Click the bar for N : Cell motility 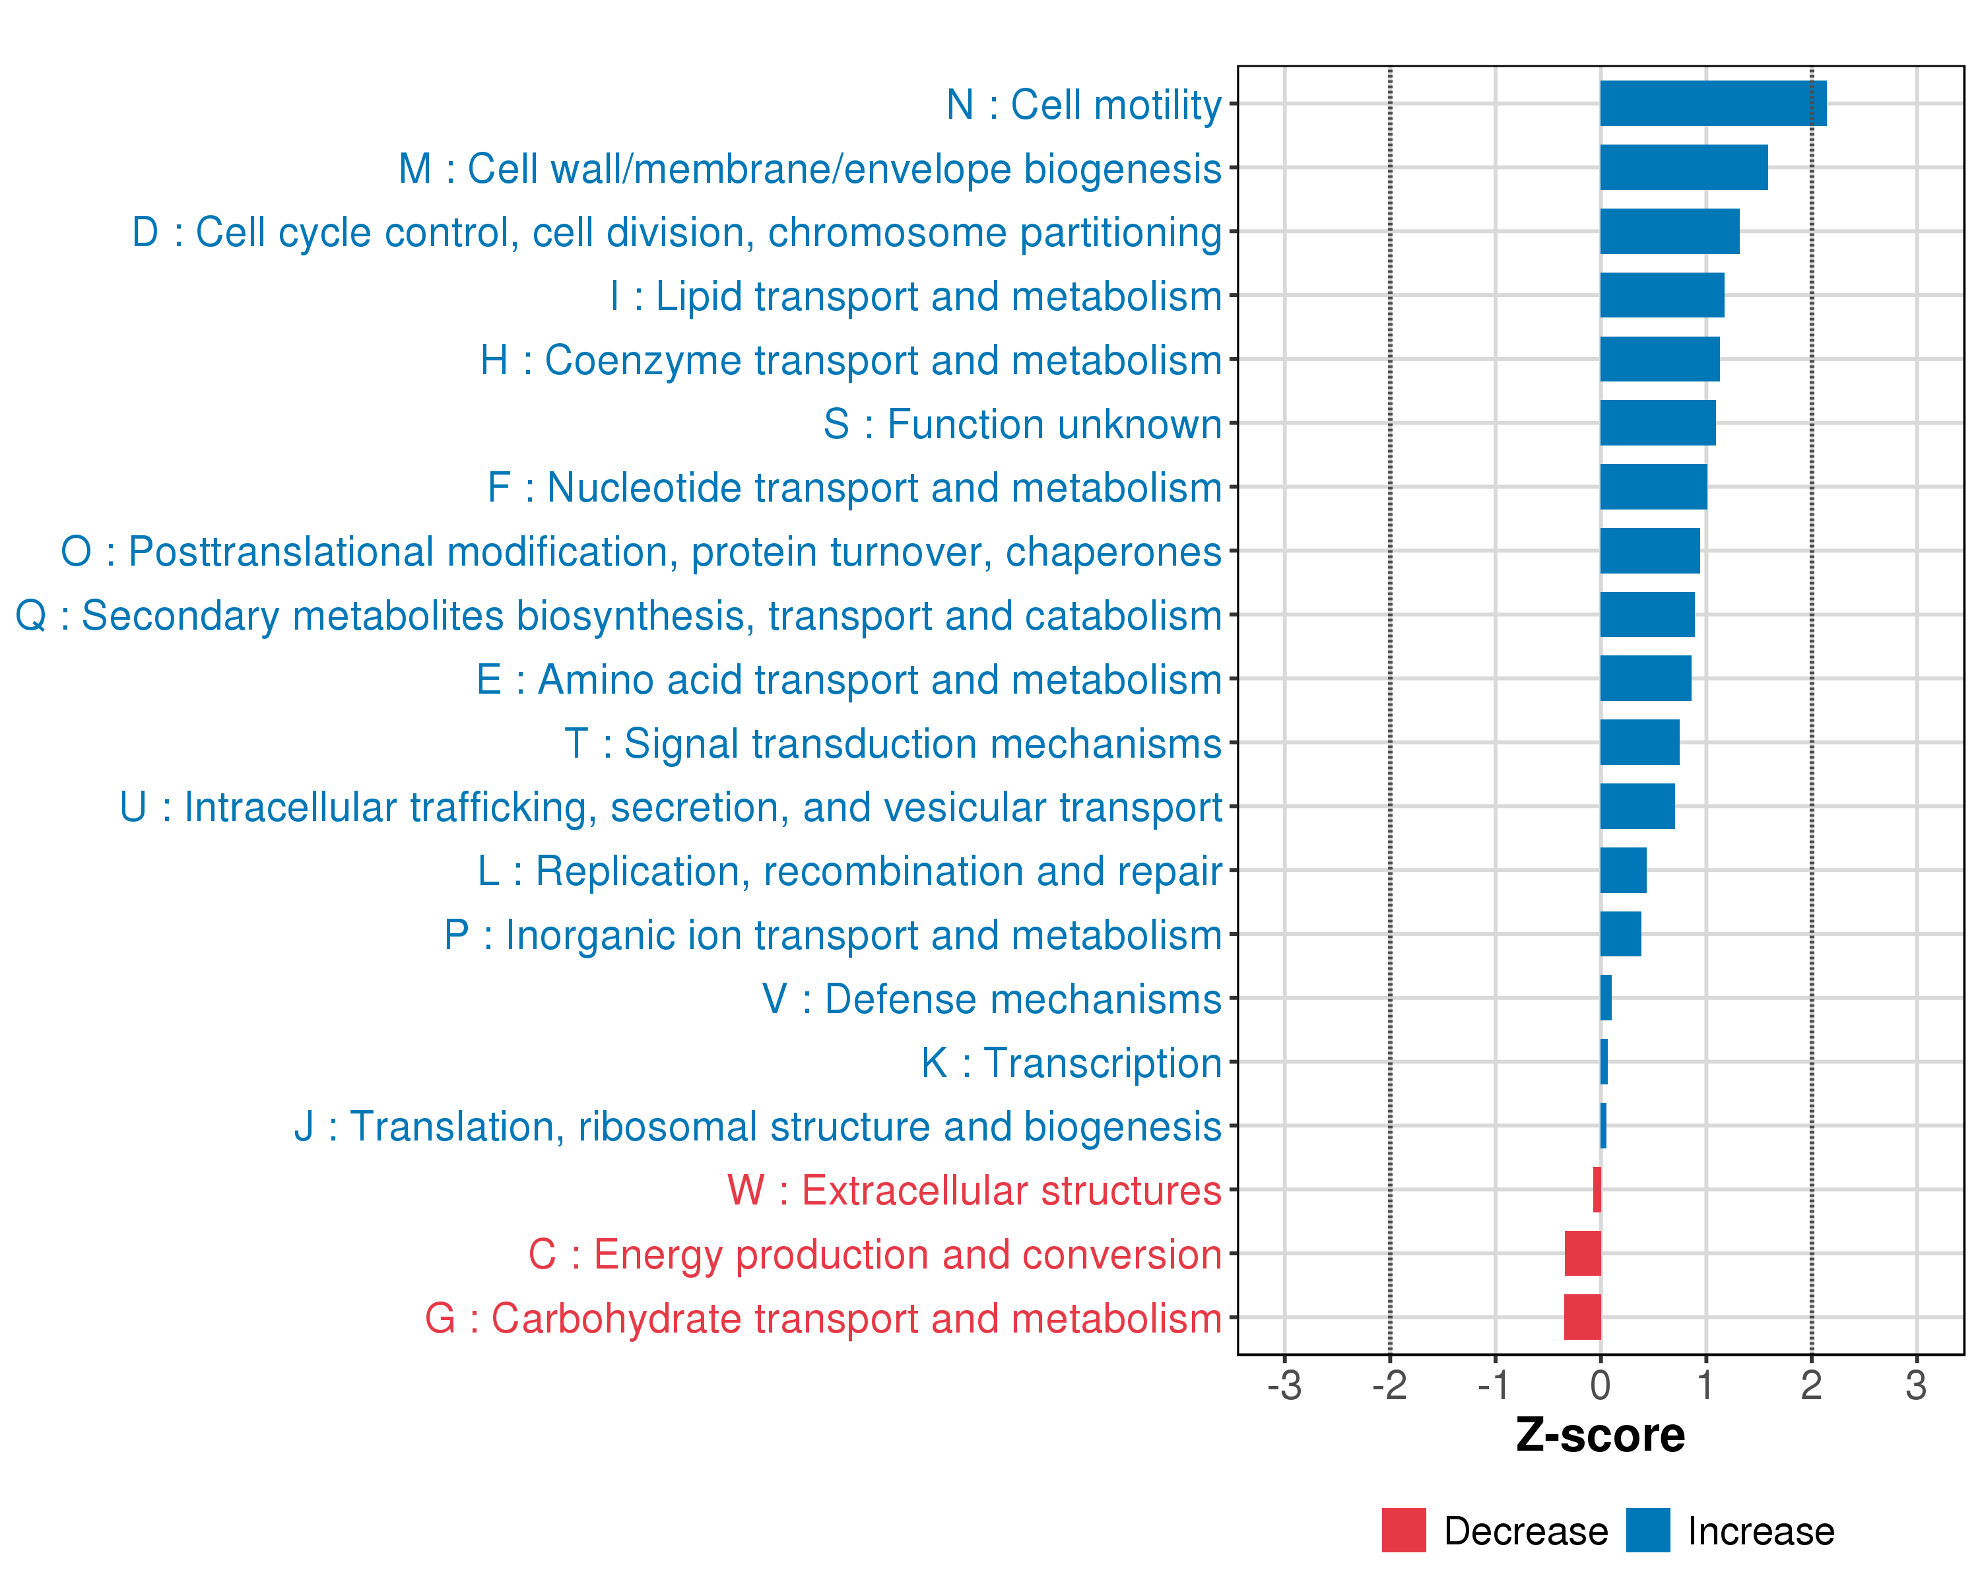pos(1713,103)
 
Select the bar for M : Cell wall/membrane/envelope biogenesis pos(1684,167)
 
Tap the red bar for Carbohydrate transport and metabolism pos(1582,1317)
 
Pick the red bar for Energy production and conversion pos(1582,1253)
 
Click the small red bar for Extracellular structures pos(1597,1189)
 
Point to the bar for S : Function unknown pos(1658,422)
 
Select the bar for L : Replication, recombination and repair pos(1623,870)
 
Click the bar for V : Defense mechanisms pos(1605,997)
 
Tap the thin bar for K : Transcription pos(1603,1061)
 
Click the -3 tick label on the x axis pos(1284,1385)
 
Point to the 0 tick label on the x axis pos(1600,1385)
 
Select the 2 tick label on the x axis pos(1811,1385)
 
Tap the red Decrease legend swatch pos(1403,1530)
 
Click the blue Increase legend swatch pos(1647,1530)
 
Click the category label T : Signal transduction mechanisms pos(893,743)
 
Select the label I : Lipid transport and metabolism pos(915,296)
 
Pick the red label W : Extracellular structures pos(974,1190)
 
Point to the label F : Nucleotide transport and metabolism pos(854,488)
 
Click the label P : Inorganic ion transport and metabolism pos(833,935)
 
